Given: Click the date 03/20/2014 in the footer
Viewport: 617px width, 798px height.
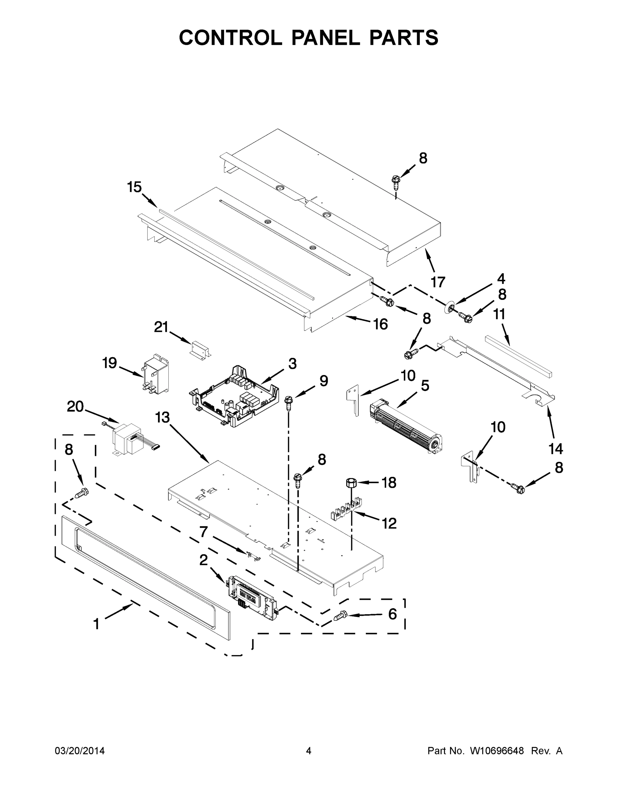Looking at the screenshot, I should pos(80,750).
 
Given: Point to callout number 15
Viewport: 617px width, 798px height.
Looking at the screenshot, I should pos(134,187).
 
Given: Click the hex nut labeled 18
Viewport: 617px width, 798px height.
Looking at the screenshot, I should pos(351,483).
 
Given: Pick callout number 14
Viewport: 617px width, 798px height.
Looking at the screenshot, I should pos(555,449).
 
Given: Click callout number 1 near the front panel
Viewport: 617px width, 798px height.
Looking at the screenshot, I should pos(96,624).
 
